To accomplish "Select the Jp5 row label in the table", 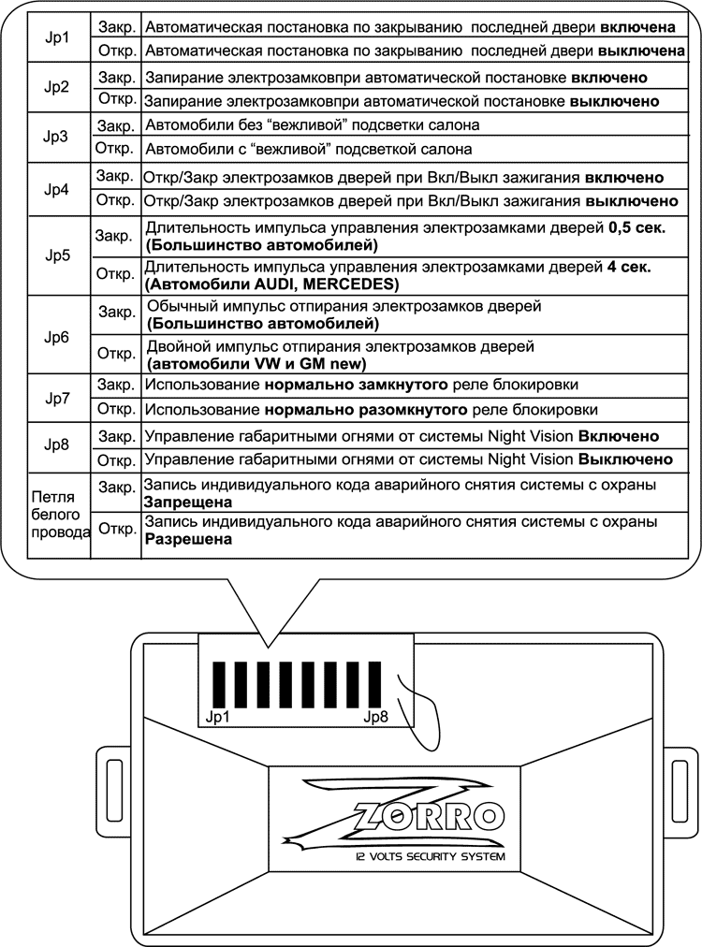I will pos(57,255).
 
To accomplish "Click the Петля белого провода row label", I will pos(58,514).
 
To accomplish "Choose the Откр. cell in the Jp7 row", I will pos(115,409).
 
